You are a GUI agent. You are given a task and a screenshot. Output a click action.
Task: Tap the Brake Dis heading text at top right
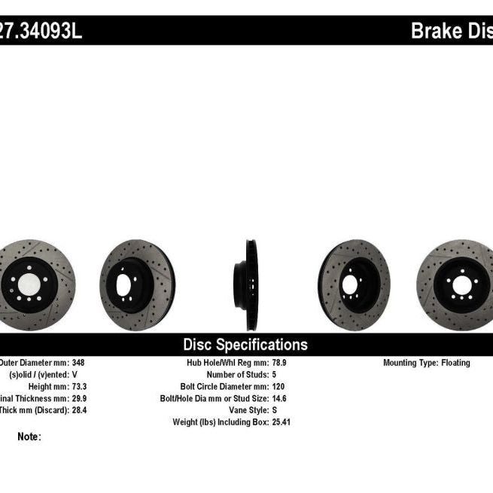coord(451,32)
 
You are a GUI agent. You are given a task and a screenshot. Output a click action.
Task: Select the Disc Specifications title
coord(245,345)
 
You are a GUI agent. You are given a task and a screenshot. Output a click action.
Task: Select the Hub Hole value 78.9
coord(280,363)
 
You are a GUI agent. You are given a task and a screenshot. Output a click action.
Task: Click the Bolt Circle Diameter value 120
coord(278,386)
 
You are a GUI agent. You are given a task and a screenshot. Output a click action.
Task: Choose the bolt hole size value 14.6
coord(280,398)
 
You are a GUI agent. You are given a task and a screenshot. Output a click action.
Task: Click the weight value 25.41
coord(281,422)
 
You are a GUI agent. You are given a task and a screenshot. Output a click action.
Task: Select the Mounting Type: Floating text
coord(427,363)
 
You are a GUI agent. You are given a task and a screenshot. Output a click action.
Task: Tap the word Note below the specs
coord(29,437)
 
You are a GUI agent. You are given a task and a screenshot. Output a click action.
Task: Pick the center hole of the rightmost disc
coord(458,285)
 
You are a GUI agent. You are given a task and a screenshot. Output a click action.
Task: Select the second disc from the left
coord(136,285)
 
